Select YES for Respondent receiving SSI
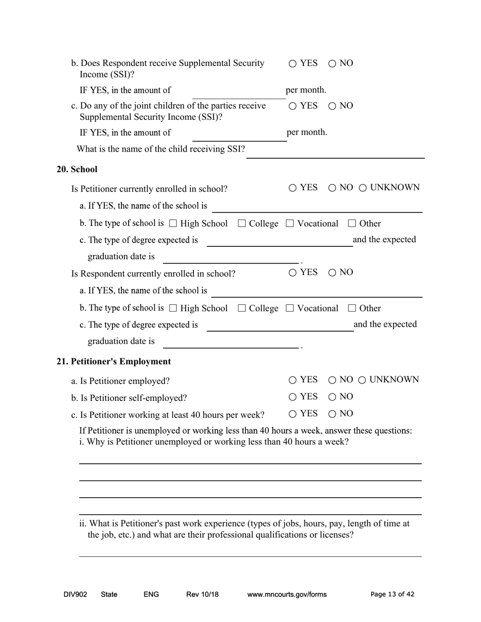point(293,64)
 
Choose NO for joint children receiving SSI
point(332,106)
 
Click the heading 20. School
point(77,169)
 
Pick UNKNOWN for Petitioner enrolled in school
point(363,188)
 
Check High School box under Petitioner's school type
point(173,224)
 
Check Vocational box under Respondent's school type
point(290,308)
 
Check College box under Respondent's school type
point(242,308)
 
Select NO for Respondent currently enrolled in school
point(332,273)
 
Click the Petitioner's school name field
point(316,207)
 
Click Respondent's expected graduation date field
point(230,342)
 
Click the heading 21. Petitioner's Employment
point(113,362)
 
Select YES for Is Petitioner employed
point(293,380)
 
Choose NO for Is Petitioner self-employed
point(332,397)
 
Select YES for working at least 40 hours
point(293,414)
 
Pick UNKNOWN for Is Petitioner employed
point(363,380)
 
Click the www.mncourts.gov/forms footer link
point(287,595)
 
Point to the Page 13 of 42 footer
point(392,595)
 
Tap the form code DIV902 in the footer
point(75,595)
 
